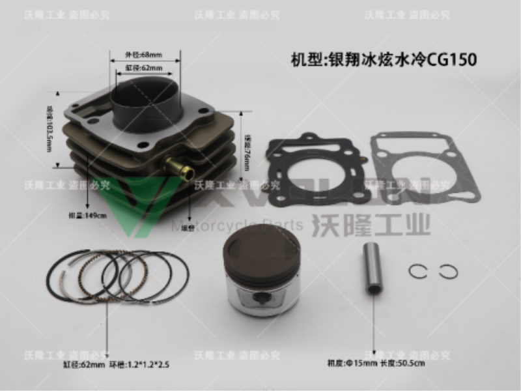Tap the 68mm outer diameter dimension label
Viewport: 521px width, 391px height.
point(143,55)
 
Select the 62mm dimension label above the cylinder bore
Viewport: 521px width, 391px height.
point(141,68)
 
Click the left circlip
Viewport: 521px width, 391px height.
point(417,272)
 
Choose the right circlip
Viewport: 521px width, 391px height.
point(448,271)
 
